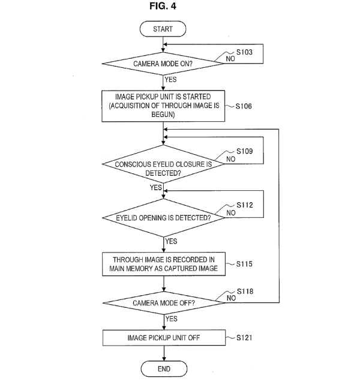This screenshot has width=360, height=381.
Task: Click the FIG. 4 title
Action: coord(163,7)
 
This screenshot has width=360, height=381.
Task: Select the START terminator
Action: coord(163,28)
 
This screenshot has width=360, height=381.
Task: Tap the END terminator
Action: coord(163,368)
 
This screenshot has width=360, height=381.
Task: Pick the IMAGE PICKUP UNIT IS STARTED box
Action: coord(163,106)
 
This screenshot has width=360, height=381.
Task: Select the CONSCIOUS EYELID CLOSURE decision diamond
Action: coord(163,167)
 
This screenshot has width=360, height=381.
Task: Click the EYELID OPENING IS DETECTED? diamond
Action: coord(163,217)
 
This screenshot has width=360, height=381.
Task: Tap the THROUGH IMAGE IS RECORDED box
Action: coord(163,264)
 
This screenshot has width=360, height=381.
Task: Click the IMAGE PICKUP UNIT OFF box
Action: coord(163,338)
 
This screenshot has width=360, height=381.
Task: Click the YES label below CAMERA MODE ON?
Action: coord(171,78)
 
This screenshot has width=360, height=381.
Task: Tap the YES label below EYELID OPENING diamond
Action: coord(171,241)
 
